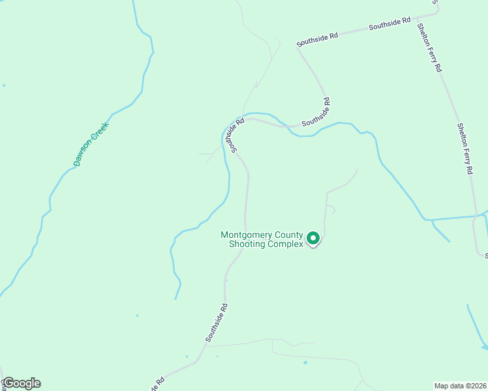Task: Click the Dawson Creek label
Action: coord(91,144)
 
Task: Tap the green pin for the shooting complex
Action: coord(313,239)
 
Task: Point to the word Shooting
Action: coord(248,244)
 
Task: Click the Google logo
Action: coord(22,383)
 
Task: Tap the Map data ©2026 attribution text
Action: coord(460,385)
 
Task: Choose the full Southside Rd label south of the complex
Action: coord(217,323)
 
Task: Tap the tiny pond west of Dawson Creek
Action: coord(4,85)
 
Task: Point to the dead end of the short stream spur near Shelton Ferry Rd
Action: coord(450,241)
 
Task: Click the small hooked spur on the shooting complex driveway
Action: coord(333,209)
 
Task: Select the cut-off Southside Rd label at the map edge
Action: coord(156,385)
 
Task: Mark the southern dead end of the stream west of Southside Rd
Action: coord(175,298)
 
